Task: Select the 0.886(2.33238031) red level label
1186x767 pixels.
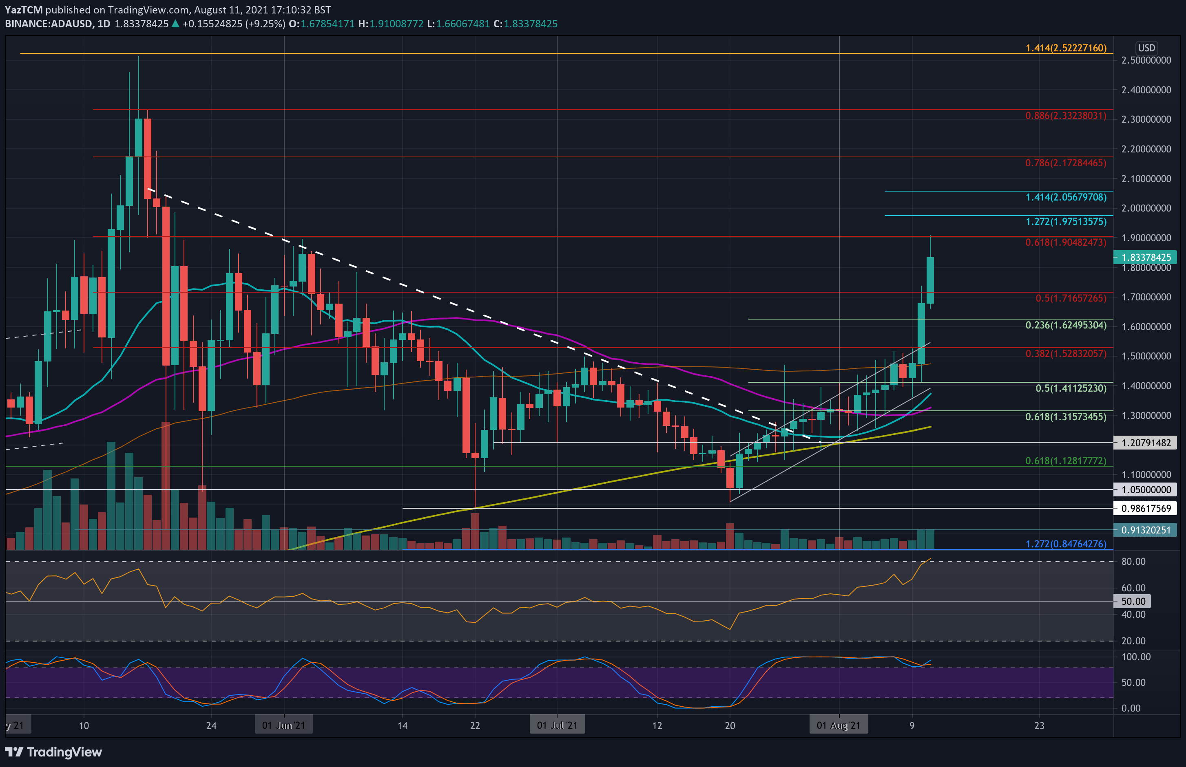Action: point(1065,116)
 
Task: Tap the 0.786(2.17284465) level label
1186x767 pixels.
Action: point(1065,163)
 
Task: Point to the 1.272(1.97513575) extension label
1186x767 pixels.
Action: point(1065,222)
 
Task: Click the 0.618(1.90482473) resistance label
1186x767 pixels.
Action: point(1065,242)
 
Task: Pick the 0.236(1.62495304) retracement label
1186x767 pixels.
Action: point(1065,325)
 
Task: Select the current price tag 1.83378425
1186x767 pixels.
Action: point(1145,258)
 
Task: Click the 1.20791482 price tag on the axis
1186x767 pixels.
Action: point(1145,443)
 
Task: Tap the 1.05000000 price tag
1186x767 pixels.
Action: point(1145,489)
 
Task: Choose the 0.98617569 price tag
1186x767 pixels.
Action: point(1145,509)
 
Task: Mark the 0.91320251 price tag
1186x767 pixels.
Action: point(1145,530)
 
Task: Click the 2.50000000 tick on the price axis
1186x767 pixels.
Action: point(1146,60)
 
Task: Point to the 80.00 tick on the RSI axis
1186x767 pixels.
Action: point(1133,561)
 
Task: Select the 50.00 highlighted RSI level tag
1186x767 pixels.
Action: point(1133,601)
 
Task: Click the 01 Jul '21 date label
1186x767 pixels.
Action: point(557,725)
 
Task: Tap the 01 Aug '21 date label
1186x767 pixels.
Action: point(838,725)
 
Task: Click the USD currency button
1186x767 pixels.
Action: point(1146,48)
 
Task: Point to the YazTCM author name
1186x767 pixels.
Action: point(23,9)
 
